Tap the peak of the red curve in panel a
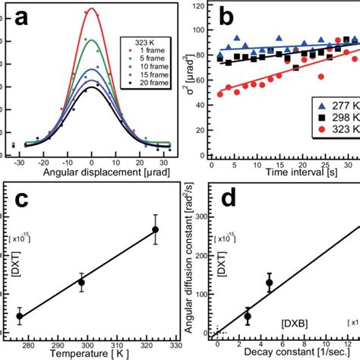(x=92, y=9)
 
